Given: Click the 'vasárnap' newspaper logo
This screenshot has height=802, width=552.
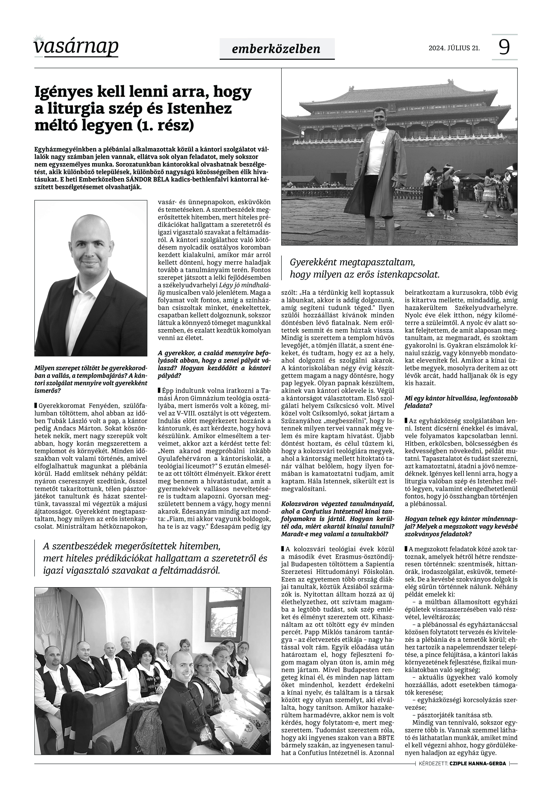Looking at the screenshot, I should point(76,47).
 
